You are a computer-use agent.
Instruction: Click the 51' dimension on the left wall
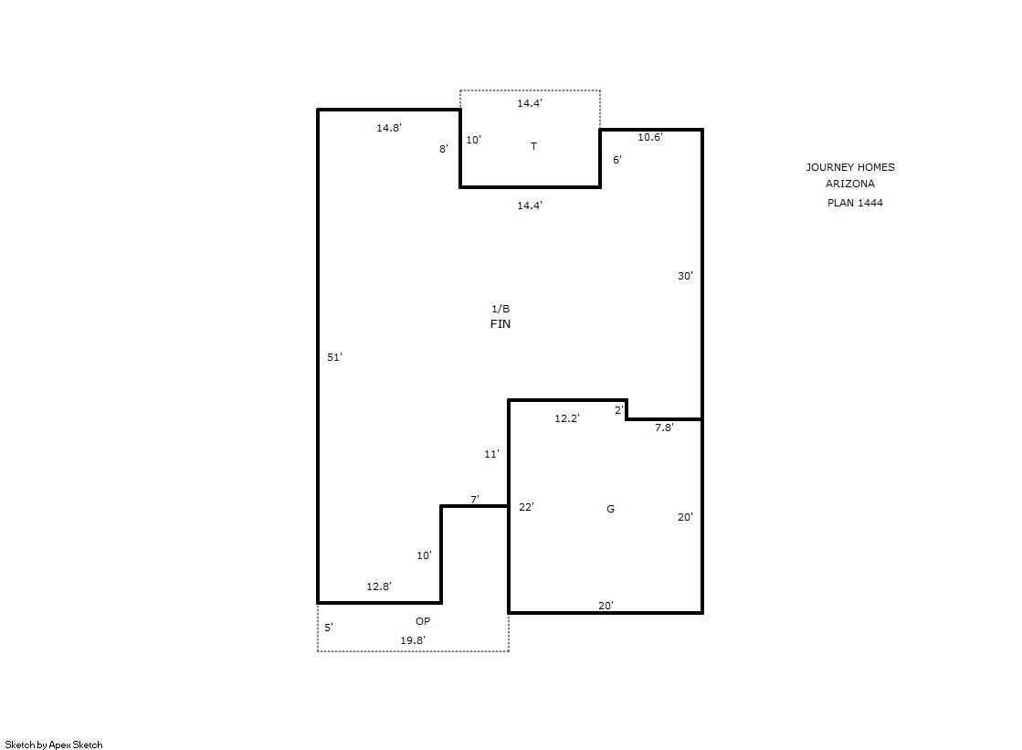pyautogui.click(x=334, y=357)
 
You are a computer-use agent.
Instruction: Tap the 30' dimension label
pyautogui.click(x=685, y=276)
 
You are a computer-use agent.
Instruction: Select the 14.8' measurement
pyautogui.click(x=388, y=128)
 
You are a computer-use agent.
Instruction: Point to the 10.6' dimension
pyautogui.click(x=650, y=137)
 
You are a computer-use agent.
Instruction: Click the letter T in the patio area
pyautogui.click(x=533, y=146)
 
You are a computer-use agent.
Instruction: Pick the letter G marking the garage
pyautogui.click(x=611, y=509)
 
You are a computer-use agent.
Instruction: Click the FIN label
pyautogui.click(x=500, y=323)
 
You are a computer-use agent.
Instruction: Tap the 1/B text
pyautogui.click(x=500, y=309)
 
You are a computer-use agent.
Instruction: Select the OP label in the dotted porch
pyautogui.click(x=423, y=621)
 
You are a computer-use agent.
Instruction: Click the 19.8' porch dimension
pyautogui.click(x=413, y=640)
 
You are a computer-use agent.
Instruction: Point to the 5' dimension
pyautogui.click(x=329, y=628)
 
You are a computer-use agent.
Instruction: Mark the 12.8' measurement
pyautogui.click(x=379, y=586)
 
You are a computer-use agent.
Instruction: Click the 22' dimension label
pyautogui.click(x=526, y=507)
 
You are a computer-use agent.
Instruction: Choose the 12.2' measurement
pyautogui.click(x=567, y=418)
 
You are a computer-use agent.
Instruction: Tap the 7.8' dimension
pyautogui.click(x=664, y=428)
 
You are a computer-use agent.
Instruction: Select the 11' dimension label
pyautogui.click(x=491, y=454)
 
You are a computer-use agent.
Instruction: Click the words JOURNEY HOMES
pyautogui.click(x=850, y=167)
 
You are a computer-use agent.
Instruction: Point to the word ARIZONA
pyautogui.click(x=850, y=184)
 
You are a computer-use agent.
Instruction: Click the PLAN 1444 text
pyautogui.click(x=855, y=203)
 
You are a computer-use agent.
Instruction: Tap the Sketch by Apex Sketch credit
pyautogui.click(x=54, y=745)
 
